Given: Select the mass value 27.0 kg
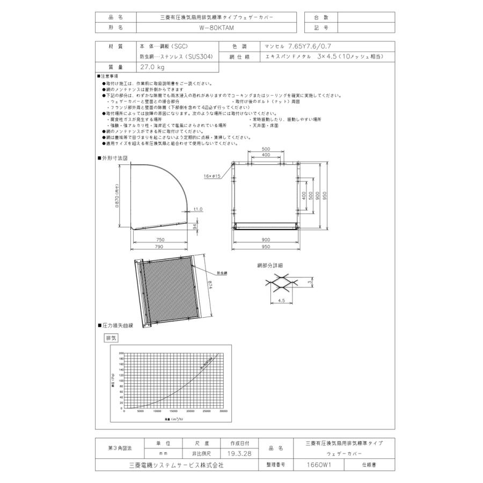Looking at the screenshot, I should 152,67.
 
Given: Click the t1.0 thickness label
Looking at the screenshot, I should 198,209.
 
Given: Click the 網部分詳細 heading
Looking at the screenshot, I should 269,265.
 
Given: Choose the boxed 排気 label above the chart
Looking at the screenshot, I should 111,338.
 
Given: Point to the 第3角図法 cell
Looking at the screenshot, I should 120,448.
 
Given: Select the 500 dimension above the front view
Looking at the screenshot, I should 266,149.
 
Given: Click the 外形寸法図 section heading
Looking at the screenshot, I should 114,158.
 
